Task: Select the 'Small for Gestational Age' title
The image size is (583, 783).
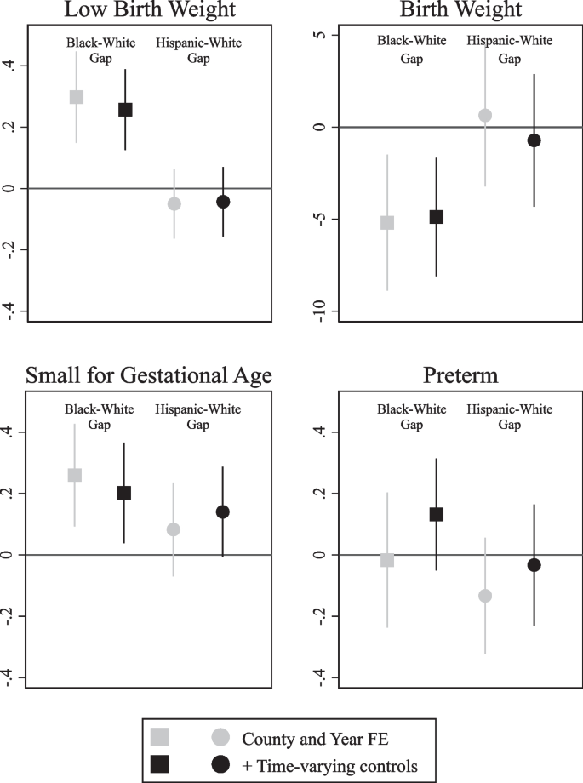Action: [x=149, y=376]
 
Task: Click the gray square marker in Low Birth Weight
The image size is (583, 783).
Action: [x=76, y=97]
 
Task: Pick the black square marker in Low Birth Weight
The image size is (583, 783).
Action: [x=125, y=109]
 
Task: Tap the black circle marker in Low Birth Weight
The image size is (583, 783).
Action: [x=223, y=202]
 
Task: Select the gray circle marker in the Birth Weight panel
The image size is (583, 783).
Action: [x=485, y=115]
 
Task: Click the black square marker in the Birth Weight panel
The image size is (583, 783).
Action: [x=437, y=217]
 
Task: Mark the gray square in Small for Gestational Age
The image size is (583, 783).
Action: [x=75, y=475]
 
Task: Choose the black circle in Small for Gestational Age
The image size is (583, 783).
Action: [x=223, y=512]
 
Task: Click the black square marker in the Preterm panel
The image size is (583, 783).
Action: [x=437, y=514]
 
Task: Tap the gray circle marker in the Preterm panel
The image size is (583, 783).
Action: [x=485, y=596]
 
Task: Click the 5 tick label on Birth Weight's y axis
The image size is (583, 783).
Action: [x=317, y=35]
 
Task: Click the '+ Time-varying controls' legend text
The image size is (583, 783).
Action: [x=329, y=766]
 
